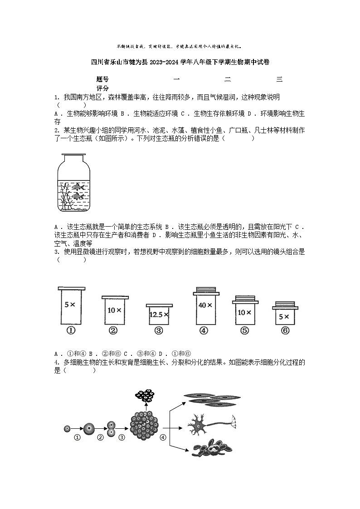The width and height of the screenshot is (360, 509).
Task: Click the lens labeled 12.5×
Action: pyautogui.click(x=159, y=314)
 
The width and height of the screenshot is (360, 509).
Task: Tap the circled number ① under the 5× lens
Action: pyautogui.click(x=71, y=330)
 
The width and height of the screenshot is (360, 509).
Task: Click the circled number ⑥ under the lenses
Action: pyautogui.click(x=285, y=330)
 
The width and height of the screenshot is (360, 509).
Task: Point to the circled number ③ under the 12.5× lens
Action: pyautogui.click(x=159, y=330)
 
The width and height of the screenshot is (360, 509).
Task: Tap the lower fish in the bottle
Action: pyautogui.click(x=78, y=196)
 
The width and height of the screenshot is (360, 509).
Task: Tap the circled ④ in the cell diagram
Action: pyautogui.click(x=163, y=437)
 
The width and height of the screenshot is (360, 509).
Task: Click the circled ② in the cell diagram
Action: pyautogui.click(x=100, y=437)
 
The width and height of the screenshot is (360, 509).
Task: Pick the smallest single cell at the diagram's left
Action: pyautogui.click(x=67, y=428)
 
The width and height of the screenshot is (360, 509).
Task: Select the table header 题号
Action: pyautogui.click(x=103, y=79)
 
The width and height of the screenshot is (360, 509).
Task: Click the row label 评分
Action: pyautogui.click(x=103, y=88)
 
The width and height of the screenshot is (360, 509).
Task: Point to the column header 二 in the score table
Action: pyautogui.click(x=228, y=79)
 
